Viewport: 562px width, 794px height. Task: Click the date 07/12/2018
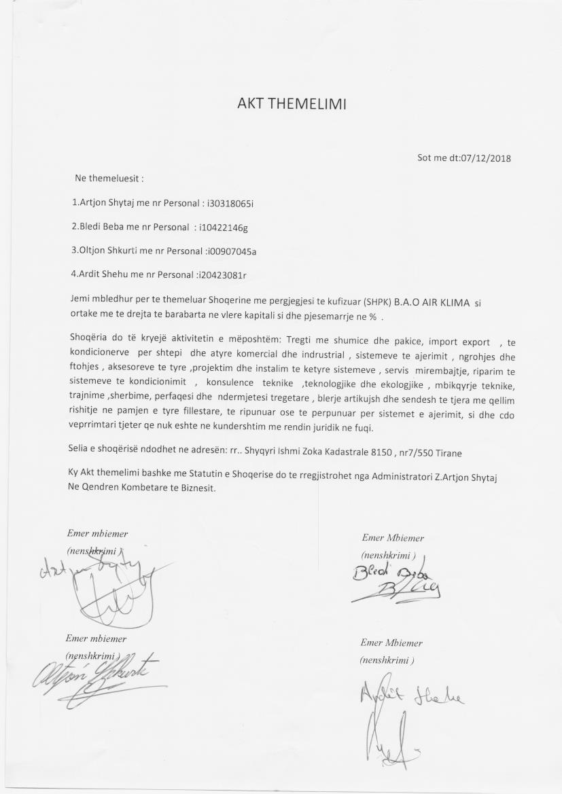485,159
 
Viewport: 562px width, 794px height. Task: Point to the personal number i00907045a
232,251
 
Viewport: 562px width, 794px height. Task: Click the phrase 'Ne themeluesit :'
109,179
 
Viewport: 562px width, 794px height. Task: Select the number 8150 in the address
385,450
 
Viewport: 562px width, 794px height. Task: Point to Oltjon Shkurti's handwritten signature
99,674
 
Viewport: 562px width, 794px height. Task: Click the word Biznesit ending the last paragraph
196,490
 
